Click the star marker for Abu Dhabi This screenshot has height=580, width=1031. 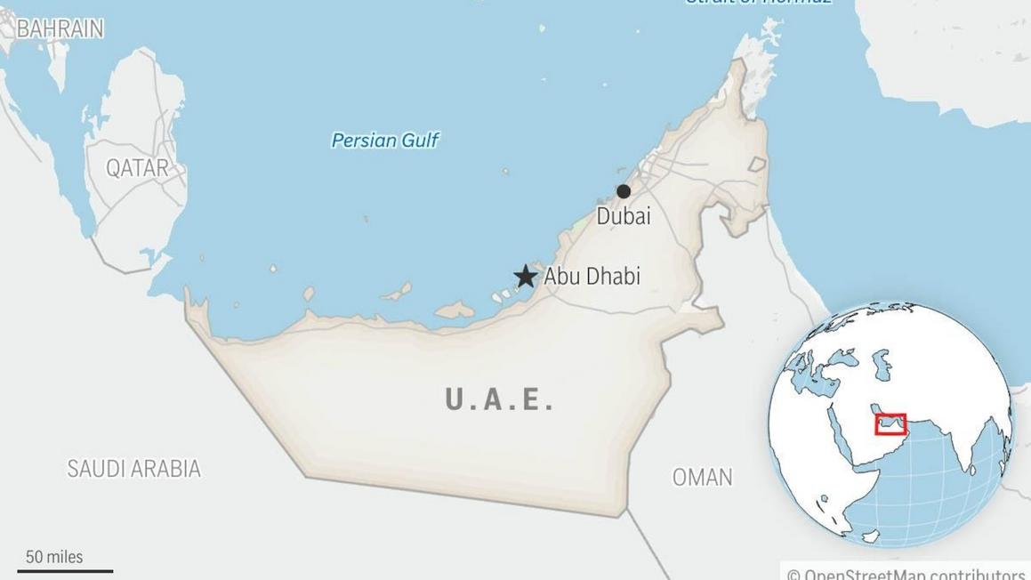pos(526,276)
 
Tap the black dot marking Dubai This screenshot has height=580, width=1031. pos(624,191)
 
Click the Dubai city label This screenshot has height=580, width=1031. pos(624,216)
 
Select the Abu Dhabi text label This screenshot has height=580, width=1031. pos(592,277)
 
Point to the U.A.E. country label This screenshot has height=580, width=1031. pos(500,400)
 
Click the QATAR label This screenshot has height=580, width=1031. pos(137,168)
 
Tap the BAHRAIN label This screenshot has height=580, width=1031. pos(60,29)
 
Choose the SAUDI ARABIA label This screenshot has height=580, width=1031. pos(134,469)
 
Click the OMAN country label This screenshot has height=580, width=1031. pos(702,477)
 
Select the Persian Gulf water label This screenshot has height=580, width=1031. pos(385,140)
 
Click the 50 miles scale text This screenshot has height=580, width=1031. pos(54,557)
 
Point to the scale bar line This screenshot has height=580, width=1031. pos(66,571)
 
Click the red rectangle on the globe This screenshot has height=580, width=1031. pos(890,423)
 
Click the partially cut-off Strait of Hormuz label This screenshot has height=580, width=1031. pos(758,3)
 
